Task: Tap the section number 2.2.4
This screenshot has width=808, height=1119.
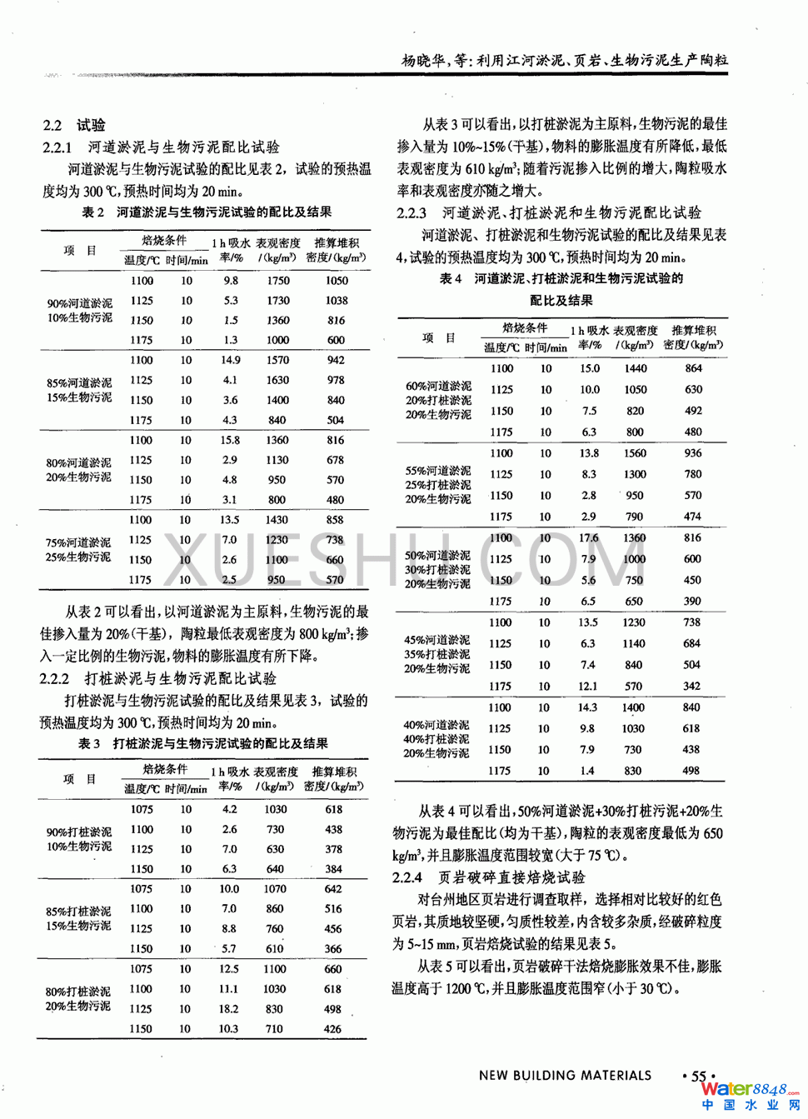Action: click(x=407, y=877)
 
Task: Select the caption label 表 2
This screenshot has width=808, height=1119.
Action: click(x=92, y=212)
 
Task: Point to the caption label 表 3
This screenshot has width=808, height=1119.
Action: click(x=89, y=743)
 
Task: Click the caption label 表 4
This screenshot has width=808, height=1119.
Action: click(x=451, y=278)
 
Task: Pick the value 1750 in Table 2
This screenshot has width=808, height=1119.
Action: click(x=278, y=281)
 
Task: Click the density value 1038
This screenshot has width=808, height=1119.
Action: click(x=337, y=301)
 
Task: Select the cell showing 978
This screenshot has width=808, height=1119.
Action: click(x=336, y=380)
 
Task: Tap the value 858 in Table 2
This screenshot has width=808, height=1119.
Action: click(x=335, y=520)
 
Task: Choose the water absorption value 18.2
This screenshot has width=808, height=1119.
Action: click(x=228, y=1009)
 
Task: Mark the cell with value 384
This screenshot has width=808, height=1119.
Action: click(x=333, y=869)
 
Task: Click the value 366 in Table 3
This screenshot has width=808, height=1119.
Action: click(x=333, y=949)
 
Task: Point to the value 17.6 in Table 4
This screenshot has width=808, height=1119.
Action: click(x=589, y=538)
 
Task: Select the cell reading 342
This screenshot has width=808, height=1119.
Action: click(x=692, y=687)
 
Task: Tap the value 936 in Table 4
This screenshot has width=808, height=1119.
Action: click(x=693, y=453)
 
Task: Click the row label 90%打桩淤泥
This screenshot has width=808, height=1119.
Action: click(x=78, y=832)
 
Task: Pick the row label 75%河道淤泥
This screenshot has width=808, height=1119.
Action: click(x=78, y=542)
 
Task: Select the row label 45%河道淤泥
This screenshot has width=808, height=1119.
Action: click(x=437, y=641)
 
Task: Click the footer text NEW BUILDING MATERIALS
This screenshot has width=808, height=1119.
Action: click(x=565, y=1076)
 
